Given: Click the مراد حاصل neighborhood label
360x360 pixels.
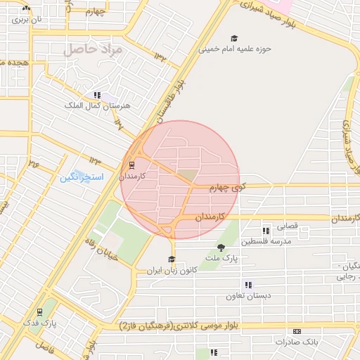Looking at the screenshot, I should (92, 50).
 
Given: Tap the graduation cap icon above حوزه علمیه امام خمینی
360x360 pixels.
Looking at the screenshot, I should (234, 38).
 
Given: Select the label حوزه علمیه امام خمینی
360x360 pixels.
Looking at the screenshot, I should (234, 49).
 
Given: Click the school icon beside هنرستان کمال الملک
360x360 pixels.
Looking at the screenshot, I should (96, 95).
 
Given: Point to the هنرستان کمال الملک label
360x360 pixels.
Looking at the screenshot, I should (93, 105).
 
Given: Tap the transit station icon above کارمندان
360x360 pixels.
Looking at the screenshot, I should (131, 165).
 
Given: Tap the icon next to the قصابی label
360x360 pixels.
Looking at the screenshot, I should (266, 231).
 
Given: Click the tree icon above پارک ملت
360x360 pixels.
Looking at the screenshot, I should (221, 247).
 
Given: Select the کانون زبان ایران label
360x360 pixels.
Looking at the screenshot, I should (169, 270).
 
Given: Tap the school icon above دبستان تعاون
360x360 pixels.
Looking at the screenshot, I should (247, 285).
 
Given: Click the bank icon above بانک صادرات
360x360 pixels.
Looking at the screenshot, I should (297, 330).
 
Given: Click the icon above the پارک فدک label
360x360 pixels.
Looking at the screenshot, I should (39, 311).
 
